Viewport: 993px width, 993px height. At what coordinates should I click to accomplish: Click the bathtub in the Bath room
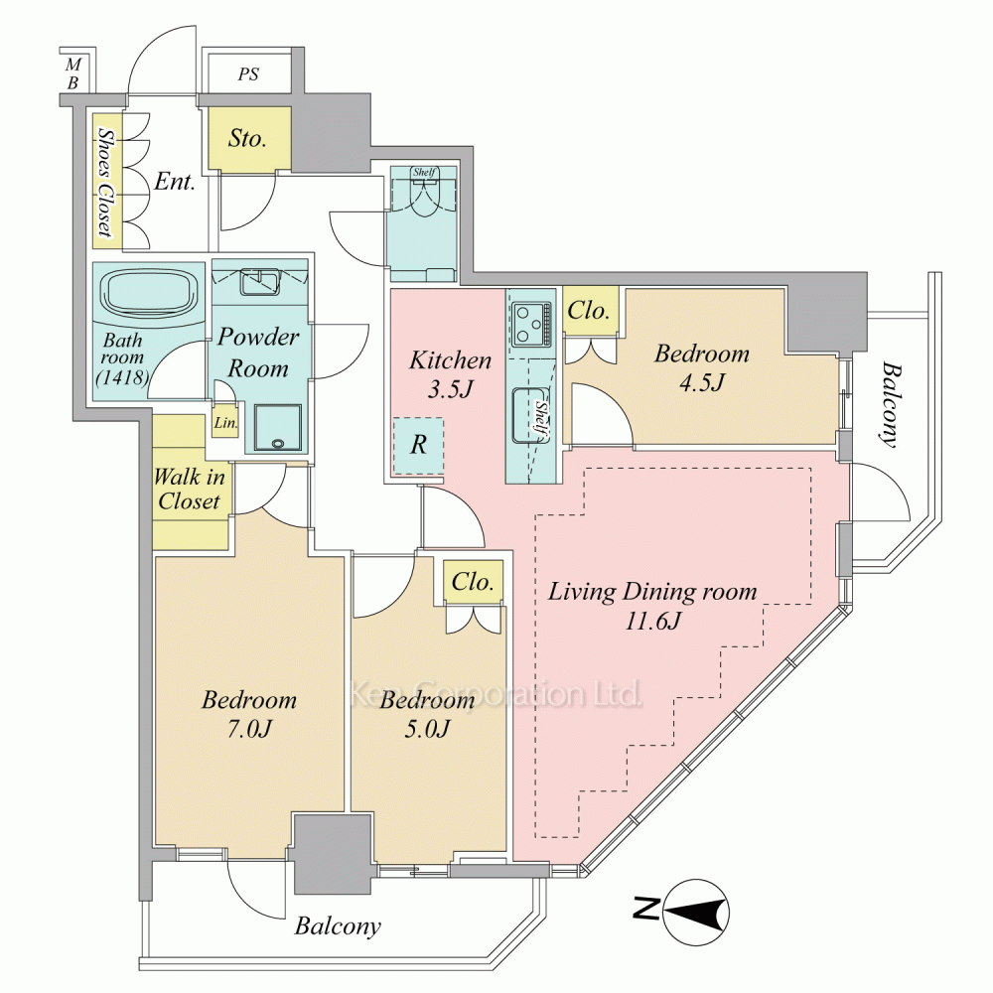147,294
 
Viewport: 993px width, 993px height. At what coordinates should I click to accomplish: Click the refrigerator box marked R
419,445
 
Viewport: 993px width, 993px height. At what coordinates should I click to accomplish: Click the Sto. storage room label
247,139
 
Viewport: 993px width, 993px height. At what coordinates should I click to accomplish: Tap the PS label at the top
248,74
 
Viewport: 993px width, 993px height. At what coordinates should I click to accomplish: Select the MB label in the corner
72,74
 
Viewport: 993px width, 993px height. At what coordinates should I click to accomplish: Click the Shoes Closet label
104,182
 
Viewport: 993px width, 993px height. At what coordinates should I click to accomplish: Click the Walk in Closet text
189,489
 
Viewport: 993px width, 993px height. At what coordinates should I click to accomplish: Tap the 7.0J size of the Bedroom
249,731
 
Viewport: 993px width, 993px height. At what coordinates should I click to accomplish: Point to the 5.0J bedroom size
428,731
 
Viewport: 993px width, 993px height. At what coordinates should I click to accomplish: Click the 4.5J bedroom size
702,383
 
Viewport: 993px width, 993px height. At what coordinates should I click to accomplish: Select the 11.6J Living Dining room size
652,622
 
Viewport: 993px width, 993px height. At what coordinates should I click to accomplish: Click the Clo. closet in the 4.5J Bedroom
589,311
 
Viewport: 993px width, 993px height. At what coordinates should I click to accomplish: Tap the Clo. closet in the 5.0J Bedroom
474,583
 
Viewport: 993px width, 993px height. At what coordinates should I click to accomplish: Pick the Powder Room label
258,353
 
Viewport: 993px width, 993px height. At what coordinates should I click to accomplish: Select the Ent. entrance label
175,183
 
